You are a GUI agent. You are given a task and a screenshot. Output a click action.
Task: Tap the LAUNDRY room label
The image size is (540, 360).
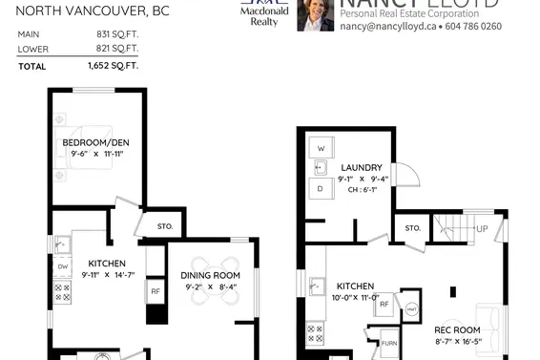(362, 166)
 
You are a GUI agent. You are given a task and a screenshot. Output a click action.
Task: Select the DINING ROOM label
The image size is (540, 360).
(212, 275)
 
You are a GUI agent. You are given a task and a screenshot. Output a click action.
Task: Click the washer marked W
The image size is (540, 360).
(321, 149)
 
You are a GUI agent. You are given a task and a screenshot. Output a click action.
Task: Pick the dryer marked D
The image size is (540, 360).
(321, 189)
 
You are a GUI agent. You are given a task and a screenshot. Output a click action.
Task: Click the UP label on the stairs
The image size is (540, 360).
(482, 229)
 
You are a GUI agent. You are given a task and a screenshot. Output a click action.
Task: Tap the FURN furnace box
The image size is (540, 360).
(388, 344)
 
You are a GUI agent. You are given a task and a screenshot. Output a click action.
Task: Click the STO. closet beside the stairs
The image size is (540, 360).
(412, 228)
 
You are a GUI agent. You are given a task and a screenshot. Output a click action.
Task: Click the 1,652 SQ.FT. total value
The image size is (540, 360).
(113, 66)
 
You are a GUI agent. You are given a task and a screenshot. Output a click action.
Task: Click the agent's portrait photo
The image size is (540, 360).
(315, 14)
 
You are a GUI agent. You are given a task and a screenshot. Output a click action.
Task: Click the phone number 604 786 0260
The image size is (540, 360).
(468, 27)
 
